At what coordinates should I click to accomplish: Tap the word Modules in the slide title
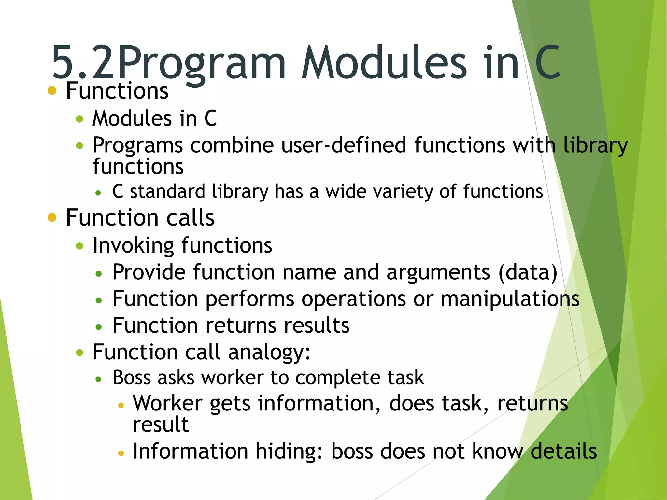(384, 62)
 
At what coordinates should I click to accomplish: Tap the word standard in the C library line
(167, 191)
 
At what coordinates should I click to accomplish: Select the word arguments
(438, 272)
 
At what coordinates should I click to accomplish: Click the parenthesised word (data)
(528, 272)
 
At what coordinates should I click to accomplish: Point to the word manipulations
(510, 299)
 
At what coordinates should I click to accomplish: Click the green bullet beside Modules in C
(79, 119)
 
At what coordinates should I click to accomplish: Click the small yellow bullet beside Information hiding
(121, 453)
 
